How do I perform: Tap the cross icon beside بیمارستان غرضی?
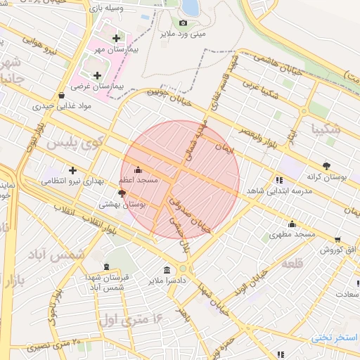pos(97,75)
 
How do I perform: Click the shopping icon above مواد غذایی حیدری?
pos(61,95)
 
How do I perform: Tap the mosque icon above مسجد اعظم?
pos(137,170)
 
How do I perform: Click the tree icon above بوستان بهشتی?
pos(122,192)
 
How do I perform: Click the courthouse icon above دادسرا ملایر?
pos(167,271)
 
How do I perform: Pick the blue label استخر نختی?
pos(335,337)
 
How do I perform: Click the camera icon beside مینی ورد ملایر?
pos(184,22)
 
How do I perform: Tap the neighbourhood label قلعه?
pos(291,263)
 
